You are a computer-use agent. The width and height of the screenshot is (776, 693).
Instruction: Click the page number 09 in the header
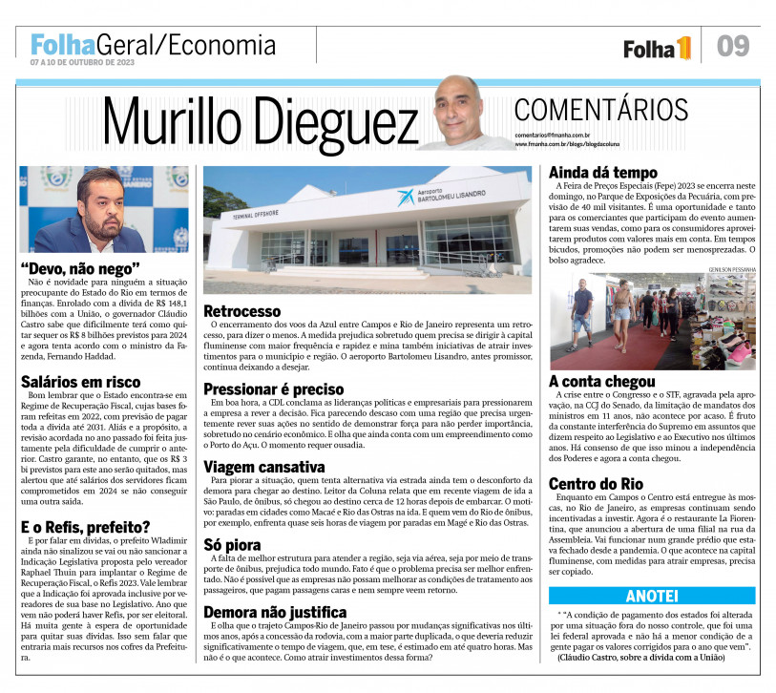click(733, 45)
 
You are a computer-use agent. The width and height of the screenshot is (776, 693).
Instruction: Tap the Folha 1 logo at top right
click(657, 48)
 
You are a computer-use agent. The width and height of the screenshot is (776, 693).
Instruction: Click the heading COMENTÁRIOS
click(600, 109)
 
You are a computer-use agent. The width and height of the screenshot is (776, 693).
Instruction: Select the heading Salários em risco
click(81, 382)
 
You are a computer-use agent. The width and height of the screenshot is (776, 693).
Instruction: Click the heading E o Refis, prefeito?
click(85, 526)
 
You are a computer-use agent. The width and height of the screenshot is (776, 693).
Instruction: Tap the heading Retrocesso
click(242, 311)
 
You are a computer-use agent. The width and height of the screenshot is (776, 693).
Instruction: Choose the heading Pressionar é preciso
click(274, 388)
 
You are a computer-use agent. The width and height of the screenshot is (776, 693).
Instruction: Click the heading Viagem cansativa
click(264, 467)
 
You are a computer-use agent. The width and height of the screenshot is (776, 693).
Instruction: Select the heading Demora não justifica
click(275, 612)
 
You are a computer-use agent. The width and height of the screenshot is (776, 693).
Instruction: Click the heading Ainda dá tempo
click(602, 172)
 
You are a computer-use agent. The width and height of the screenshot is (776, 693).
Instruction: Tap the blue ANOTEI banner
click(652, 596)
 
